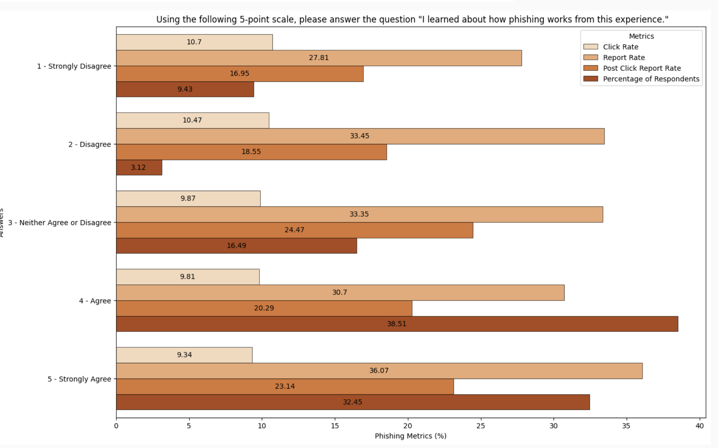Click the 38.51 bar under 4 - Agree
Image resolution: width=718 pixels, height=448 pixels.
pos(397,324)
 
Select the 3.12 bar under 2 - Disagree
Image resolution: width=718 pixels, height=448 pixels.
pos(139,168)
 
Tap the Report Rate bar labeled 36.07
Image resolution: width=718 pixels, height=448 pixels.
pos(379,371)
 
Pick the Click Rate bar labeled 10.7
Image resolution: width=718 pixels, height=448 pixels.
pos(194,42)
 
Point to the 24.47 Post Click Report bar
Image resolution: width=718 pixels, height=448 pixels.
pos(294,230)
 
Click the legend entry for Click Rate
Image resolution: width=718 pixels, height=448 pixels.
pos(621,47)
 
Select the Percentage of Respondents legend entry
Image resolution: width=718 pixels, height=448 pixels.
pos(651,79)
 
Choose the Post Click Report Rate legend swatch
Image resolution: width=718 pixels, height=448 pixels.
pos(590,68)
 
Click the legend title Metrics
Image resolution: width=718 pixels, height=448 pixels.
pos(641,36)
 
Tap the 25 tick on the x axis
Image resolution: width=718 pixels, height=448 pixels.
pos(480,426)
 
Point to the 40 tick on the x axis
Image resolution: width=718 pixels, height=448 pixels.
pos(699,426)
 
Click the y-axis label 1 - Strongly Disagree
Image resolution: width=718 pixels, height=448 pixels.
pos(74,66)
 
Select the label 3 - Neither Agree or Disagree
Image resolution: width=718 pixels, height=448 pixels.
pos(60,223)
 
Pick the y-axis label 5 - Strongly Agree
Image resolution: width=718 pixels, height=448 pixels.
pos(79,379)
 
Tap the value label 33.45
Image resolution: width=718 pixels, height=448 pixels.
pos(359,136)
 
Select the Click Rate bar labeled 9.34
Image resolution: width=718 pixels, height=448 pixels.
pos(184,355)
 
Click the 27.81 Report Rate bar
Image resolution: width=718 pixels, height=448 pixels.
pos(319,58)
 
